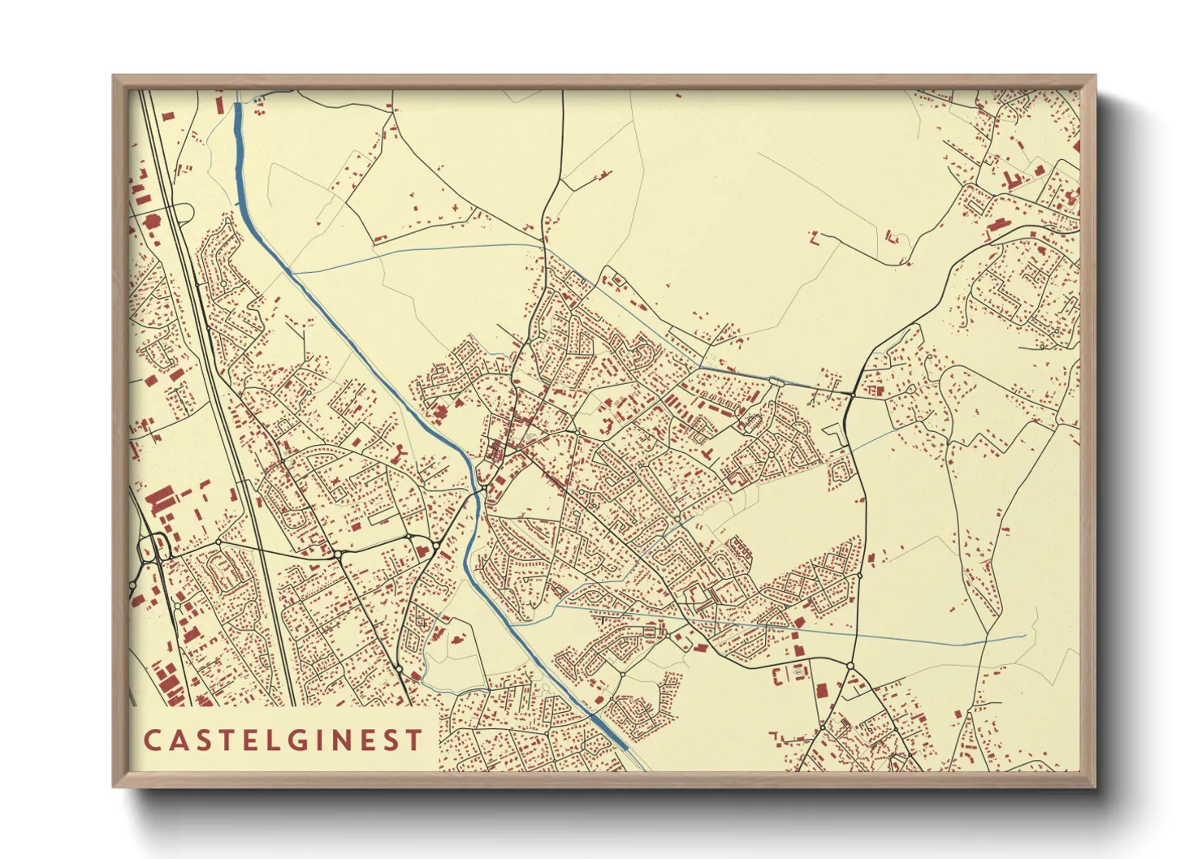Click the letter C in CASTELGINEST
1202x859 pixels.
click(152, 740)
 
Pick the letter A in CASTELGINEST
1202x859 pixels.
click(177, 740)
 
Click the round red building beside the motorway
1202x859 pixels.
click(150, 220)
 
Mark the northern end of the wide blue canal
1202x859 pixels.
click(238, 106)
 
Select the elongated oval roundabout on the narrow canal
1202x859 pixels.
click(776, 380)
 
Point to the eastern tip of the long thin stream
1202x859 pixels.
click(1025, 636)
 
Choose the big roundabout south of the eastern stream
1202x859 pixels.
click(850, 666)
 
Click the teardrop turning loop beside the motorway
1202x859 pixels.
click(185, 213)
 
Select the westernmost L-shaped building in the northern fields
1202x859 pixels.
click(815, 237)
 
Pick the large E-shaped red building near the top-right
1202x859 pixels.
click(1012, 180)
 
